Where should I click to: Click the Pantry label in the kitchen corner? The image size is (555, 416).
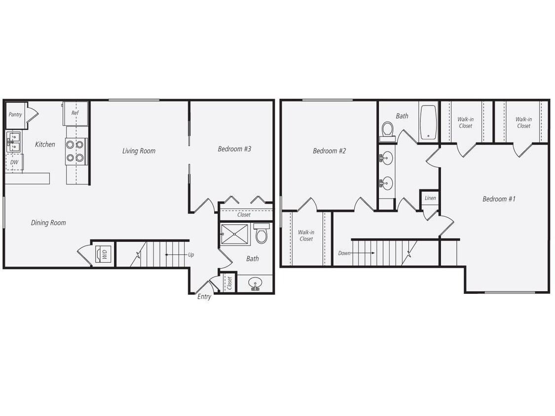15,115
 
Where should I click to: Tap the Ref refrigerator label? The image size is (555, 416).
75,113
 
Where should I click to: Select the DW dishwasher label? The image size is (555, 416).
14,162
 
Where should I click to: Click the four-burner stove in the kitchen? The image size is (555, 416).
76,151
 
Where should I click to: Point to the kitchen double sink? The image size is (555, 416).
13,141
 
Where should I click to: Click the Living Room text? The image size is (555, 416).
139,151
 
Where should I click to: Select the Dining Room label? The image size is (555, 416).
48,223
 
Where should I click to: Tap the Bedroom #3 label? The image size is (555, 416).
234,149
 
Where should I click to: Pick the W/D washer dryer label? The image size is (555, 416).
104,254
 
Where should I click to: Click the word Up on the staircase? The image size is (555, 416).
191,255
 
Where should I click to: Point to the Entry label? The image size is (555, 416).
204,297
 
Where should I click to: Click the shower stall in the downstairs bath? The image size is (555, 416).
234,234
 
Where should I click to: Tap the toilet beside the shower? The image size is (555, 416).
261,234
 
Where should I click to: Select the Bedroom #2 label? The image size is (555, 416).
329,151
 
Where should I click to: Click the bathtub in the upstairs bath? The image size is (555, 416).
428,122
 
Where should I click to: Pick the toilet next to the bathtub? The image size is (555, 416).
388,130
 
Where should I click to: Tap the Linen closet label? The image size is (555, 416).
430,198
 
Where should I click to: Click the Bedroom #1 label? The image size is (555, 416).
499,199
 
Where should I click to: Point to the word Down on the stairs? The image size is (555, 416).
344,253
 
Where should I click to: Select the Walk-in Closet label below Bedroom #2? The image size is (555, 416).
306,236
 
